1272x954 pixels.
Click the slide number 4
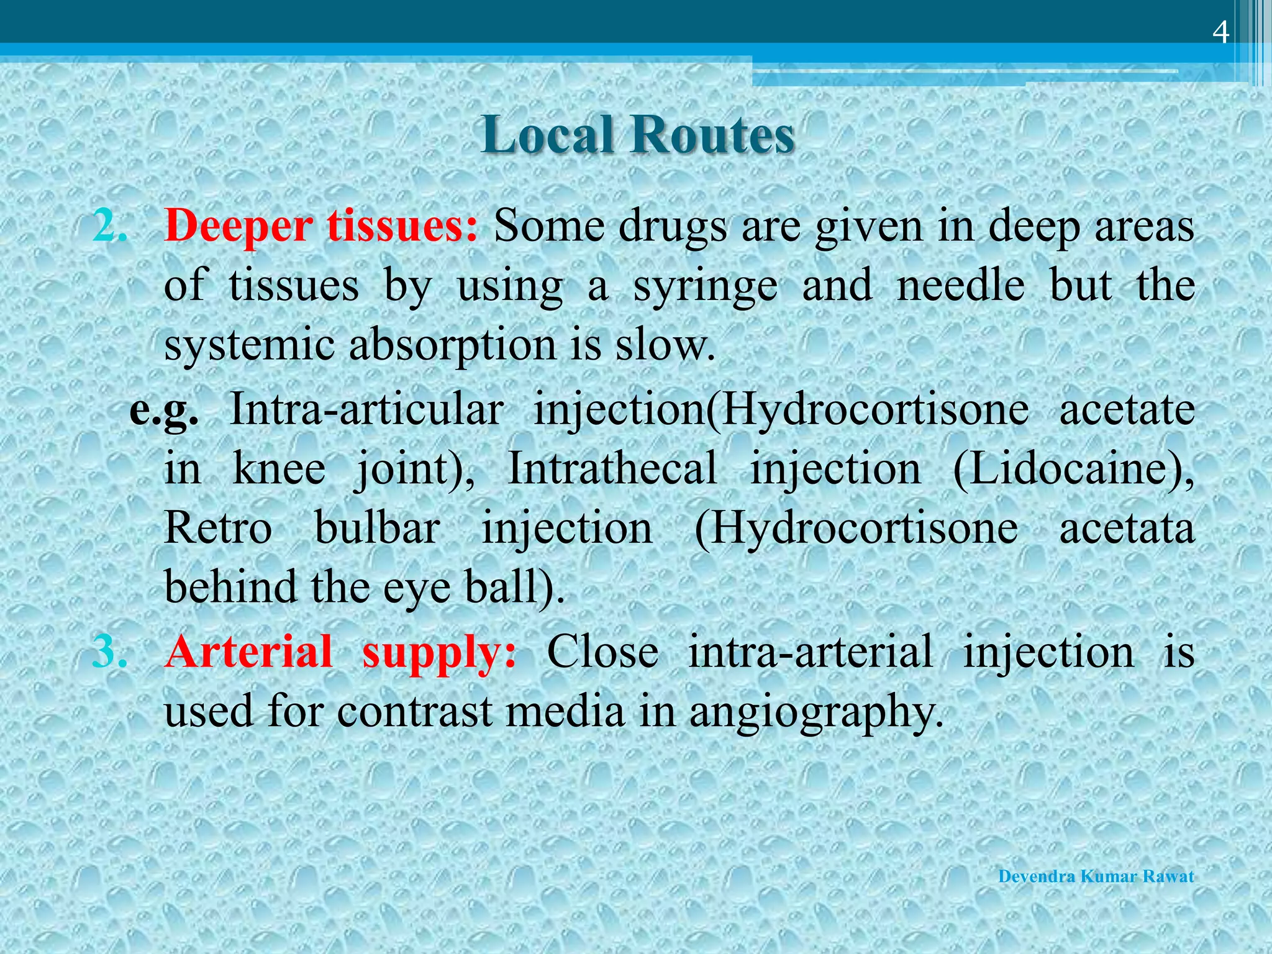[x=1220, y=33]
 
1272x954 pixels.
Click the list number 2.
[x=110, y=227]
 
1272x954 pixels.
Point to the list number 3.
[x=110, y=652]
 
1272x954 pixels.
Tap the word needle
[x=960, y=286]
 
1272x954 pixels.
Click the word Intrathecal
[x=612, y=468]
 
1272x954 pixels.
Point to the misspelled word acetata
[x=1127, y=529]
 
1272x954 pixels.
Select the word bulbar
[x=377, y=529]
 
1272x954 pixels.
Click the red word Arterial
[x=249, y=652]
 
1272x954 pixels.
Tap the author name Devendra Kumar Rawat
[x=1096, y=876]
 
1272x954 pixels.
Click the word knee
[x=279, y=468]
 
